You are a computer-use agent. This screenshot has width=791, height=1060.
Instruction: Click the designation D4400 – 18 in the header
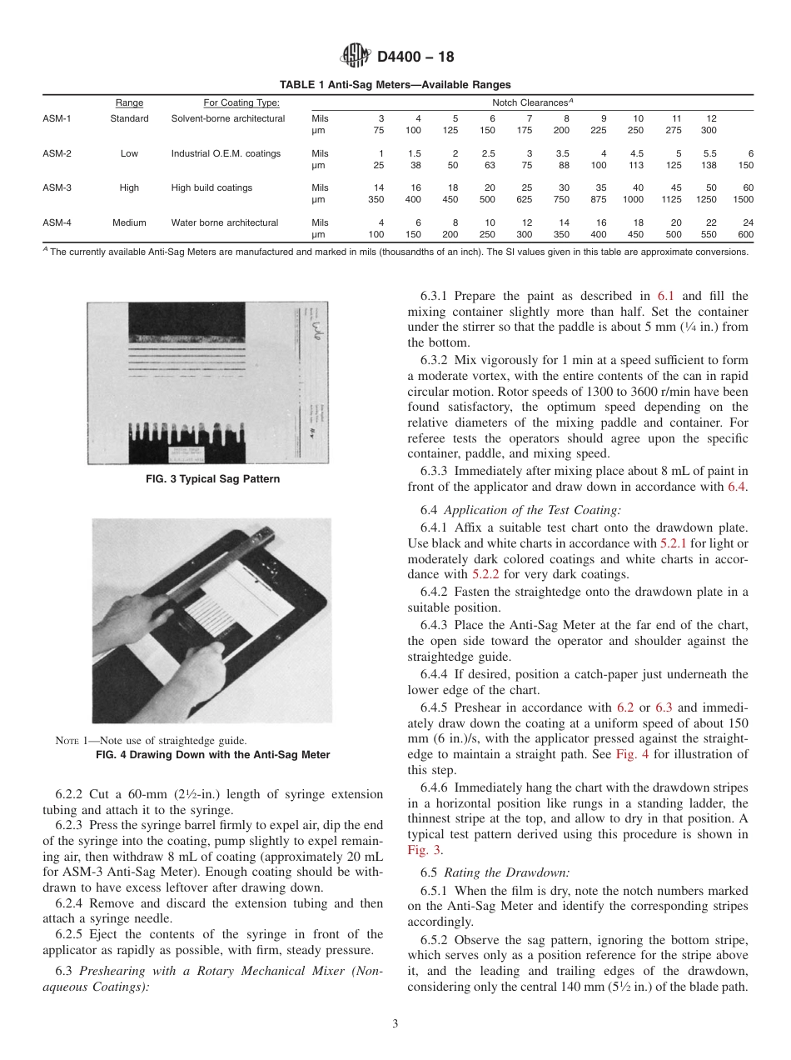tap(415, 57)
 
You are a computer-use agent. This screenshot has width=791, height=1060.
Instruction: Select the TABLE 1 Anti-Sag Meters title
tap(395, 85)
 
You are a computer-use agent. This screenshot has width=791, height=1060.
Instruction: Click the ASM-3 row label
tap(57, 188)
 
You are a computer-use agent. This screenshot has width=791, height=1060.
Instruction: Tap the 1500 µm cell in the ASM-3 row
tap(743, 200)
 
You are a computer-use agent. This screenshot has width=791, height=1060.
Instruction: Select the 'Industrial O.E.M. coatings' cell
tap(226, 153)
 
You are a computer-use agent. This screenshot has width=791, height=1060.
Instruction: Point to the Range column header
tap(129, 103)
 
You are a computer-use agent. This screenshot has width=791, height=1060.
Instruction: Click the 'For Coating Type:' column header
tap(241, 103)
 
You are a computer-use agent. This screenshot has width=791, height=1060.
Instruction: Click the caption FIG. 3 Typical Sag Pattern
tap(213, 479)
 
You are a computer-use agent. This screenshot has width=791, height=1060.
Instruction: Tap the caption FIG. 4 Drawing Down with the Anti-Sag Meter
tap(213, 755)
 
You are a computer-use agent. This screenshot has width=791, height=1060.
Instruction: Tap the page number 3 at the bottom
tap(395, 1024)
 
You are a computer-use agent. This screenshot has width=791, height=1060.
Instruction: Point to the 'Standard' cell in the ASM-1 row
tap(129, 118)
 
